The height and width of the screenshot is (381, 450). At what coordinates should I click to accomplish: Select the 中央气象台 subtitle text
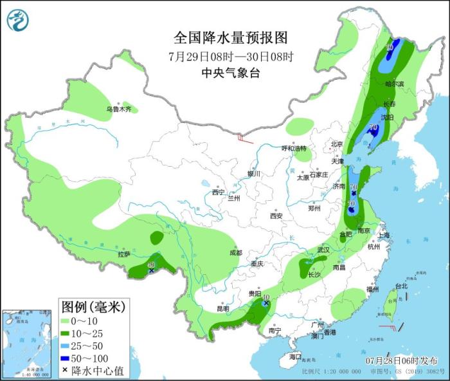(x=230, y=73)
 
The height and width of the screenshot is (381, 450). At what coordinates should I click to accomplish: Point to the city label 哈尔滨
(x=394, y=84)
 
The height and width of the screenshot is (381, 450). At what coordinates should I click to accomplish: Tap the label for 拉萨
(x=123, y=254)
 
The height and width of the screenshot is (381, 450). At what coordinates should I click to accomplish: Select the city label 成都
(x=235, y=253)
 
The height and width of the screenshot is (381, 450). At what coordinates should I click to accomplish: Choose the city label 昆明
(x=222, y=308)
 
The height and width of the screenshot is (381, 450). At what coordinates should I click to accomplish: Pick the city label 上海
(x=384, y=236)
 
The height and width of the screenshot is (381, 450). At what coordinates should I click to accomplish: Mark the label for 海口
(x=295, y=357)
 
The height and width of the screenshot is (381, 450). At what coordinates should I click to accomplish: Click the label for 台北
(x=401, y=286)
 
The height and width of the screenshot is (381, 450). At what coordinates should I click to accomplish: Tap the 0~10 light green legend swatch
(x=67, y=321)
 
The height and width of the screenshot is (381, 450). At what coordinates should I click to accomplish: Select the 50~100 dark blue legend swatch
(x=67, y=358)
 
